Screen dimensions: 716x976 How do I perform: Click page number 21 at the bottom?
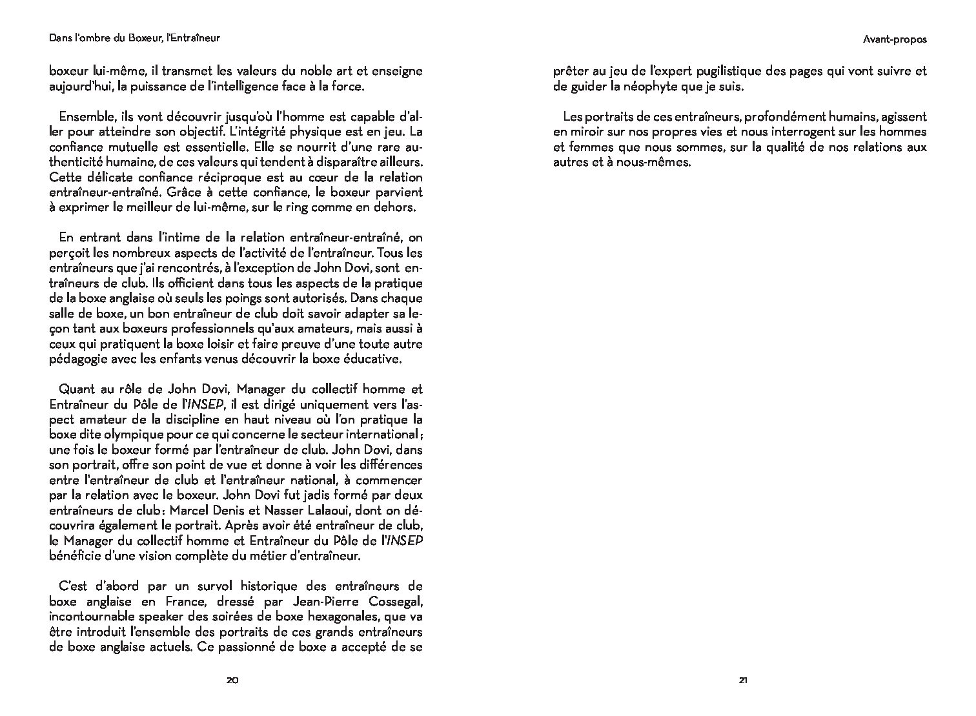coord(743,680)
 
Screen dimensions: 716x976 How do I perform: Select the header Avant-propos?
coord(894,39)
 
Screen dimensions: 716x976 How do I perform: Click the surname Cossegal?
coord(389,602)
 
